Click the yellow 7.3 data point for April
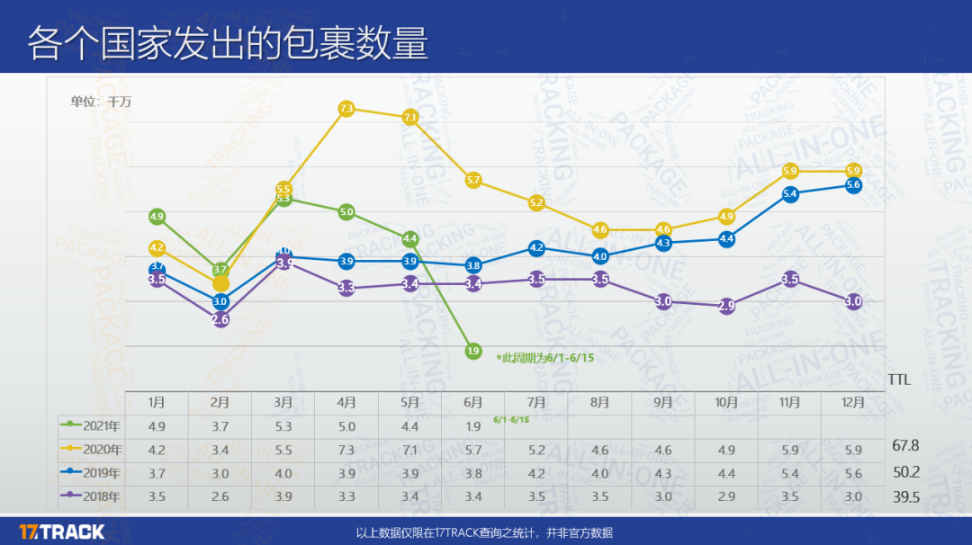coord(346,109)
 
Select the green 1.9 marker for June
coord(473,351)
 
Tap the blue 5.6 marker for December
coord(853,184)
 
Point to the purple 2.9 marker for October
coord(726,306)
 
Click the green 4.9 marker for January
coord(157,217)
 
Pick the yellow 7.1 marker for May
coord(410,118)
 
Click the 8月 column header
coord(599,403)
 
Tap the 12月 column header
coord(853,403)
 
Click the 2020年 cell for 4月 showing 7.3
coord(346,449)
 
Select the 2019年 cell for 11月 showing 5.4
coord(789,472)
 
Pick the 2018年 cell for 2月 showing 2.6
coord(220,496)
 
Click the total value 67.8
coord(904,445)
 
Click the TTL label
coord(899,380)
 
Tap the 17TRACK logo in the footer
coord(62,532)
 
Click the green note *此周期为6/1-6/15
coord(546,357)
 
